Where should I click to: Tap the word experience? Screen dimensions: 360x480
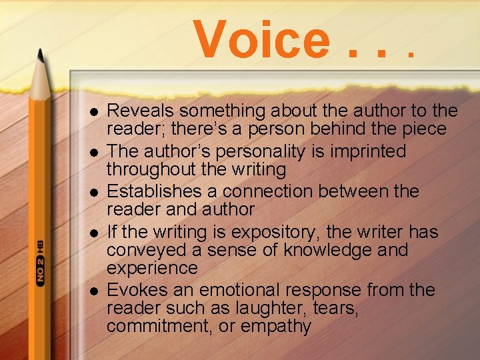coord(152,268)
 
